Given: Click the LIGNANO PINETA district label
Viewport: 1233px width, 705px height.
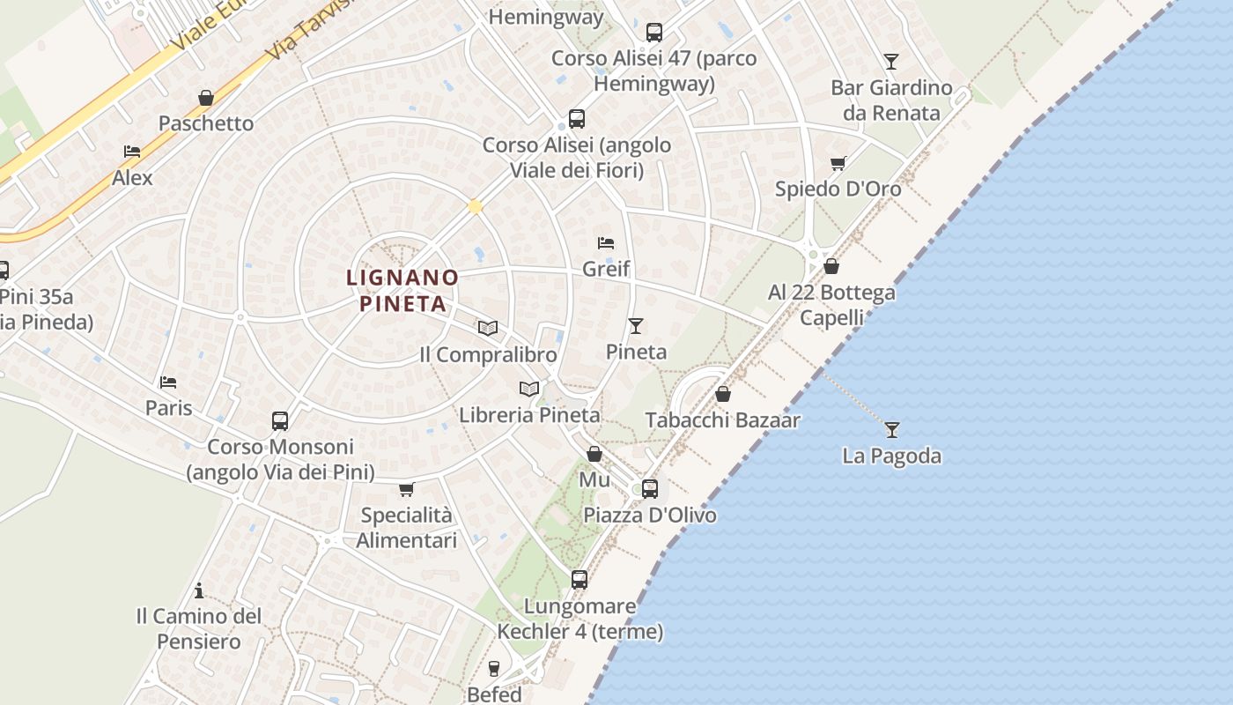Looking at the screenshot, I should [x=402, y=291].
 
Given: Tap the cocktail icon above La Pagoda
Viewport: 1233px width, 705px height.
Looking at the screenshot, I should [x=892, y=430].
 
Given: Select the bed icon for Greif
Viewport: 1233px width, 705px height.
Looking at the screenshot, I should [x=606, y=243].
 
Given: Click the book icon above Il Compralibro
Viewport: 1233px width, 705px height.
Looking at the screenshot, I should [x=488, y=329].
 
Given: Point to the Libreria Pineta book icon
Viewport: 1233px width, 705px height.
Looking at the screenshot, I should [x=529, y=389].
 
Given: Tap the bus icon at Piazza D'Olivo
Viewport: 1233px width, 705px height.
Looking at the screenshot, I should [x=650, y=488].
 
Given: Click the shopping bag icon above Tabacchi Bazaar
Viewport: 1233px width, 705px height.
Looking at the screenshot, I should [x=723, y=394].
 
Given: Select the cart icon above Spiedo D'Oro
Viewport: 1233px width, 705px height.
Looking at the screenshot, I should [x=838, y=163].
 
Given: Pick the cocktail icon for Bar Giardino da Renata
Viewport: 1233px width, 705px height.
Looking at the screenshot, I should [x=891, y=62].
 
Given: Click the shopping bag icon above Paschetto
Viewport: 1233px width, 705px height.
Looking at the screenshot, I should [x=206, y=98].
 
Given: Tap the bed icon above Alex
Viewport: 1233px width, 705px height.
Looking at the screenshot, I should [x=132, y=152].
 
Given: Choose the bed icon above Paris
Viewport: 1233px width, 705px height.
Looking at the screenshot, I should [x=168, y=382].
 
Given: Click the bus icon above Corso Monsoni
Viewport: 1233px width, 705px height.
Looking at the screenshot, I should [x=280, y=420].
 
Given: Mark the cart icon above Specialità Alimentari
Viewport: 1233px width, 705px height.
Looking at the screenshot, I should [x=406, y=489].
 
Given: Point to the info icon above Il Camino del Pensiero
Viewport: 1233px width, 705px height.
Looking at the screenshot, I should [x=199, y=590].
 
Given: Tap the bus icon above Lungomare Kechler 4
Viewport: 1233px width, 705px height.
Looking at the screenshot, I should [x=580, y=579].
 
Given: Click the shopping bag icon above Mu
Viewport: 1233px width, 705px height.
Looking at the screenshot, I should [x=594, y=454].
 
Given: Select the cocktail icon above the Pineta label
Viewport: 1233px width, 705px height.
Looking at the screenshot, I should [x=636, y=326].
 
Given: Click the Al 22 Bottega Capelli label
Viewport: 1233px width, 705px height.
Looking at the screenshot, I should [x=831, y=304].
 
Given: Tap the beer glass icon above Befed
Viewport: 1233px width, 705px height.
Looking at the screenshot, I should [x=494, y=669].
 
